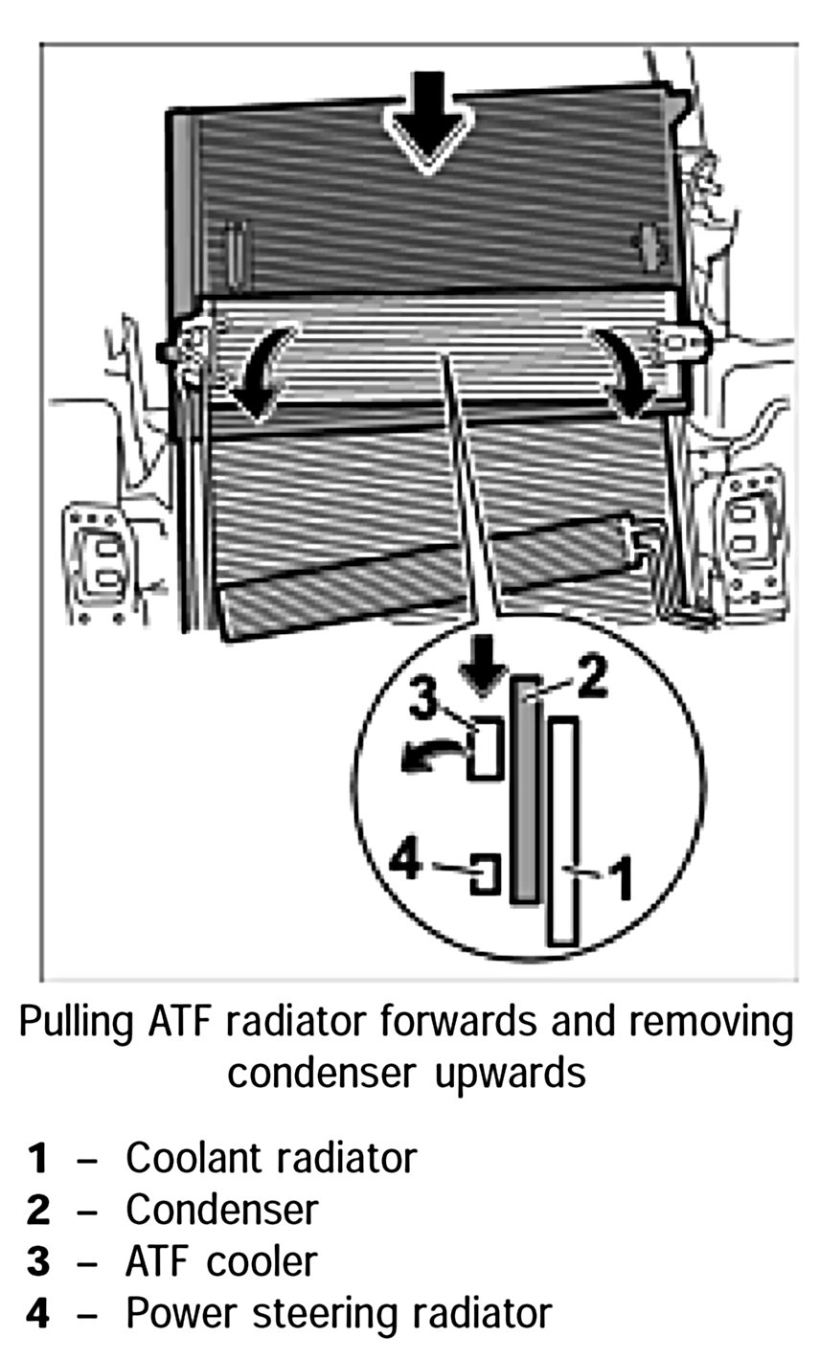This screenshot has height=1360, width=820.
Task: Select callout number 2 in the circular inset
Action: [x=591, y=682]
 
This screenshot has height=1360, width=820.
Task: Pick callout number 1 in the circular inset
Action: [x=622, y=878]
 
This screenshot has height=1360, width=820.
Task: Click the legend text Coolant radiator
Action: [x=271, y=1158]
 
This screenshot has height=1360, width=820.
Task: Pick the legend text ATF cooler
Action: [x=220, y=1261]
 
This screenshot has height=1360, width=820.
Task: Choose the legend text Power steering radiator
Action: [x=338, y=1313]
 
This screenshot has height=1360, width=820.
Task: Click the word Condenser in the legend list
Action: [x=221, y=1210]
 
